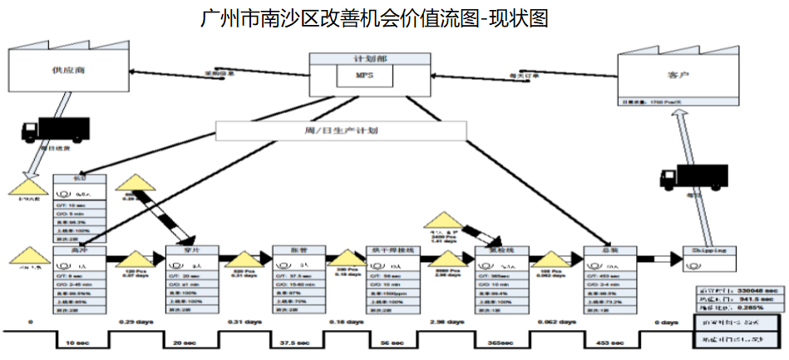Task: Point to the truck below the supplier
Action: (53, 129)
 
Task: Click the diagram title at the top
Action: (375, 18)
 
